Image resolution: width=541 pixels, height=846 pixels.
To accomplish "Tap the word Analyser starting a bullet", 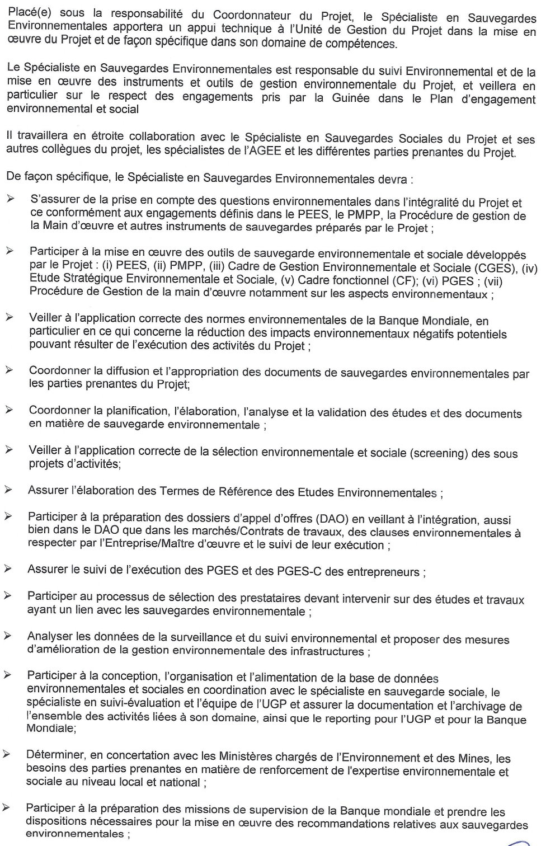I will pos(51,636).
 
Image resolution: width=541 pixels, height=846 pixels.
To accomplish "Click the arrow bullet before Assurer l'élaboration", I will pos(8,490).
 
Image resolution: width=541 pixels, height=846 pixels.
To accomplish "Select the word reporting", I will pos(355,719).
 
